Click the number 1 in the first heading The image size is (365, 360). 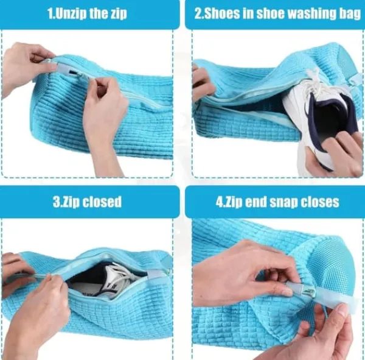(x=50, y=13)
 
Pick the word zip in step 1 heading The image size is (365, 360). (x=118, y=14)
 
